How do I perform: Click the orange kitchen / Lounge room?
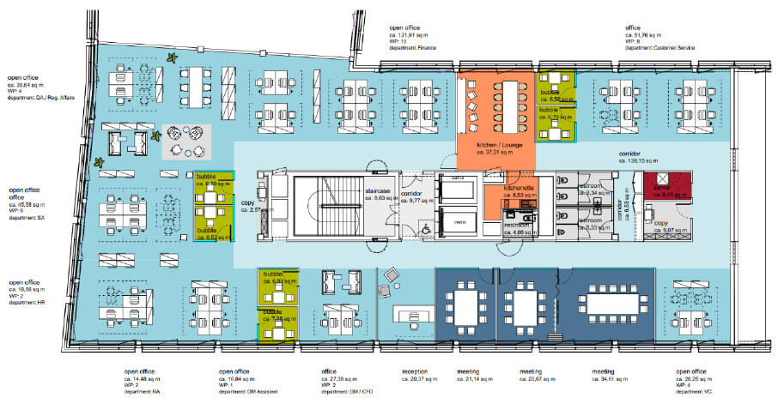495,120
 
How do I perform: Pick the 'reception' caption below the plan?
414,372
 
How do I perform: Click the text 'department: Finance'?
412,48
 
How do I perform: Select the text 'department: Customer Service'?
663,48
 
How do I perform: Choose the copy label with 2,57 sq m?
255,209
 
